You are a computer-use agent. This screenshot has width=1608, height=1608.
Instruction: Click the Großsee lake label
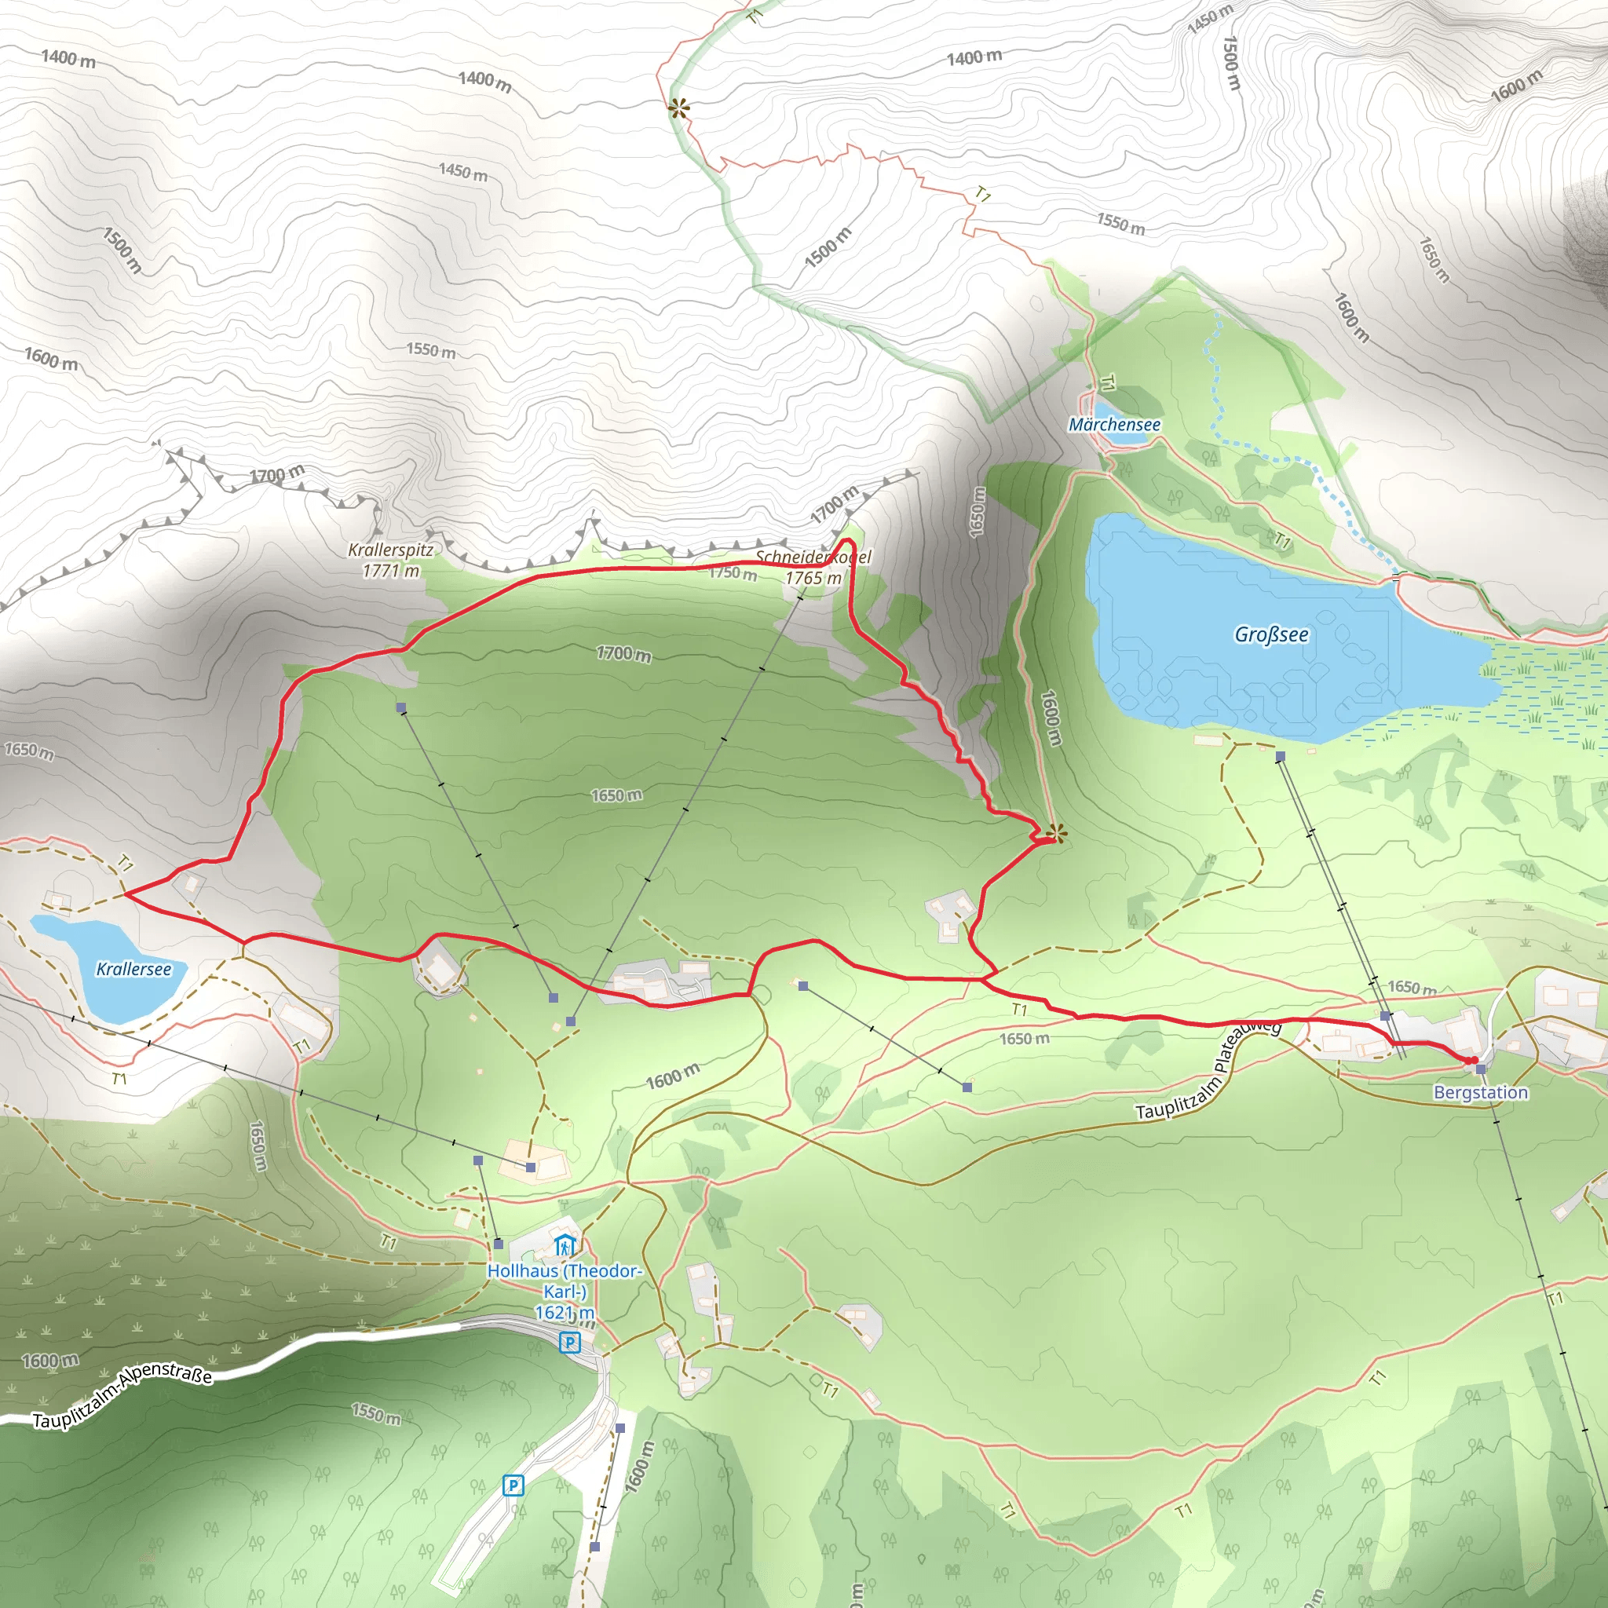point(1271,635)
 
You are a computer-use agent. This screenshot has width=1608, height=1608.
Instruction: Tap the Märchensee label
point(1114,425)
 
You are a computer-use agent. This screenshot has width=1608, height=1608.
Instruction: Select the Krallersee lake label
point(134,969)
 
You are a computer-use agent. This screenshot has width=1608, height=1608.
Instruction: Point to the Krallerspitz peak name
point(390,550)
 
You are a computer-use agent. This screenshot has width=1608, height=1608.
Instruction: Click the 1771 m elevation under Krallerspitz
point(390,571)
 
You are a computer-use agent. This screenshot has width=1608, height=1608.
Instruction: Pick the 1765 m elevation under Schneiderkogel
point(813,578)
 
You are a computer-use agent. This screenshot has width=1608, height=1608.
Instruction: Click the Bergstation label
point(1481,1093)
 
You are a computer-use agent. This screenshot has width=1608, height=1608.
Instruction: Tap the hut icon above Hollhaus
point(565,1246)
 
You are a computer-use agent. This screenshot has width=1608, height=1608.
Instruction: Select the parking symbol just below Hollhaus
point(569,1342)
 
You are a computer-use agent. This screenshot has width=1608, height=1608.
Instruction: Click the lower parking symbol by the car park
point(513,1486)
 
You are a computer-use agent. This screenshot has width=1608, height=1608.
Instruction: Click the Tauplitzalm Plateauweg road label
point(1208,1071)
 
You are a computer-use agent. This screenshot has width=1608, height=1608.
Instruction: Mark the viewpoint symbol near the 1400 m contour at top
point(679,108)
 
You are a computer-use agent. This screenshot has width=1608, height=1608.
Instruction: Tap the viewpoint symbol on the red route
point(1056,833)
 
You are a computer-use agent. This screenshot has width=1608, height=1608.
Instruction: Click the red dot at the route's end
point(1474,1060)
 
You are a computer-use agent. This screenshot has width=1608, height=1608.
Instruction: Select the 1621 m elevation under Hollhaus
point(565,1314)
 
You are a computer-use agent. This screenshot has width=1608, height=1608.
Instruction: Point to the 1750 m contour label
point(733,572)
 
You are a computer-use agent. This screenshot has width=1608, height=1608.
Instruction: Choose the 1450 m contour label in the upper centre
point(462,172)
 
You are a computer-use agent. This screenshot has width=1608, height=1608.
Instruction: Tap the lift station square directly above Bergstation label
point(1481,1069)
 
